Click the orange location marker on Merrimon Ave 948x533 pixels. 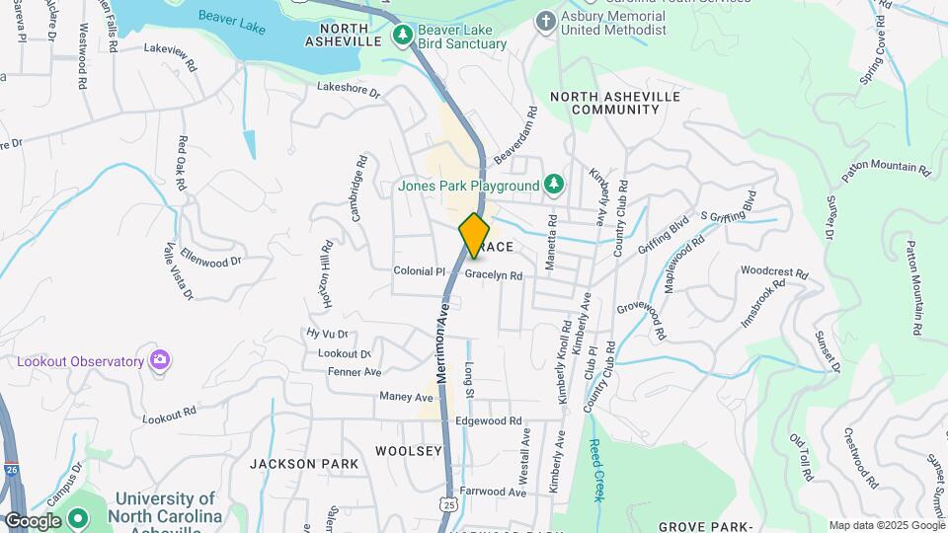(474, 236)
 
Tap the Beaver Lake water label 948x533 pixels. (232, 17)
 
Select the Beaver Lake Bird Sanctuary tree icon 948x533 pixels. (402, 36)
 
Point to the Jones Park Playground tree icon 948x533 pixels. (555, 184)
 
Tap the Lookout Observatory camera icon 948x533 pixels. (159, 361)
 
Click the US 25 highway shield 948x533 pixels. (450, 504)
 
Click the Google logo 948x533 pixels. (33, 520)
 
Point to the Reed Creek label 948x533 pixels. (597, 470)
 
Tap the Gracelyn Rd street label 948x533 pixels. (493, 275)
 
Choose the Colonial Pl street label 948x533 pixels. (413, 270)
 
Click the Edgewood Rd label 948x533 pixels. (488, 421)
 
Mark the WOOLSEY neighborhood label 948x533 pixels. (409, 451)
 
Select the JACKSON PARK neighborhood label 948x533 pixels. (296, 463)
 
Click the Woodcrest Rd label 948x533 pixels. (774, 270)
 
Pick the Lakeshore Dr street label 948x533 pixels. (349, 89)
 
